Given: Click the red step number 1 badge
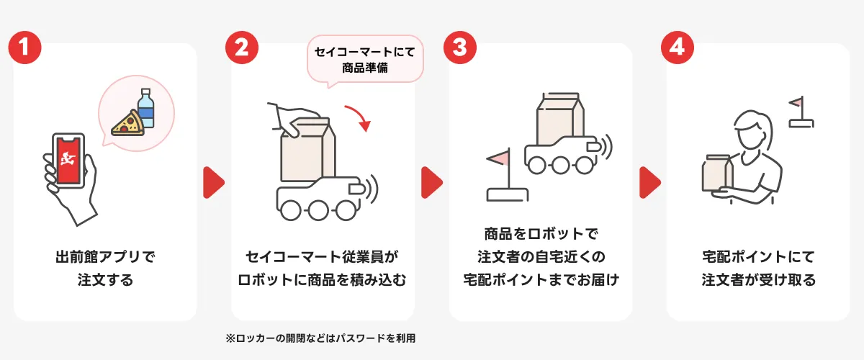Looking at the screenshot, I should point(24,48).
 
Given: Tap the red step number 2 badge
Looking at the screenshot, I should point(242,48).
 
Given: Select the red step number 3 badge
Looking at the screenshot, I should point(460,48).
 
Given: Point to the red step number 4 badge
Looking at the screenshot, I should point(678,48).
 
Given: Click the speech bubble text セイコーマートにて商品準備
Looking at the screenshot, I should point(365,60).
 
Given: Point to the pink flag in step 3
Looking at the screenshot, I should point(497,157).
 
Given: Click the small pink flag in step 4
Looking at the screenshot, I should point(795,103).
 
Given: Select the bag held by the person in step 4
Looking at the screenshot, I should point(717,174).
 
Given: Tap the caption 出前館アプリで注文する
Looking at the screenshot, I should point(105,268).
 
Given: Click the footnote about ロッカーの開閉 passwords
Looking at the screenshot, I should point(321,337).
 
